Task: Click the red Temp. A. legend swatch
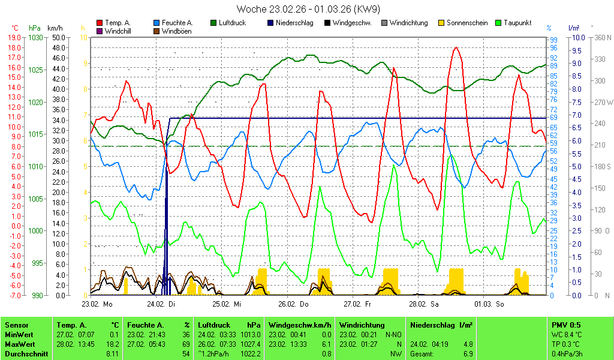coord(99,23)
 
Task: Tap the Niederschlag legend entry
coord(294,23)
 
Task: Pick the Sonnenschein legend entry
coord(465,23)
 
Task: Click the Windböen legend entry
coord(176,31)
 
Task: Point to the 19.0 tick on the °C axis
coord(15,37)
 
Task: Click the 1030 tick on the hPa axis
coord(35,37)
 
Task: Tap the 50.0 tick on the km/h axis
coord(58,37)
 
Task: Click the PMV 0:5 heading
coord(565,325)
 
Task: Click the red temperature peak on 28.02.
coord(456,47)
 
